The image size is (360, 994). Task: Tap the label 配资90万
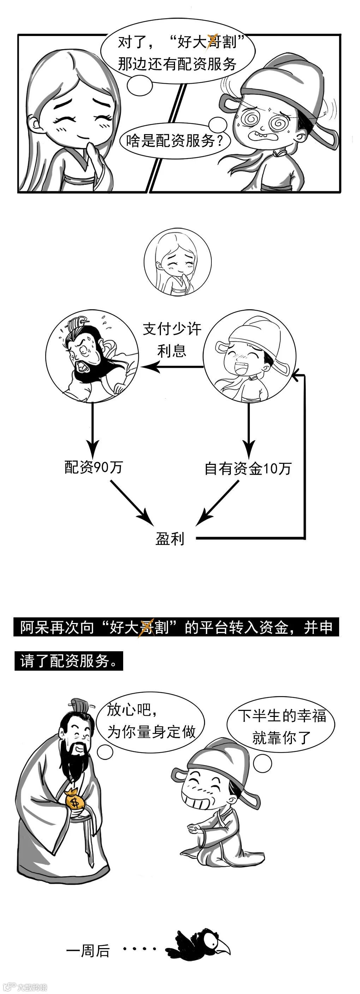click(94, 467)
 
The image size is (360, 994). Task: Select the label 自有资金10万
click(248, 468)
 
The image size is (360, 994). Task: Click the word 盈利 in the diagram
click(170, 539)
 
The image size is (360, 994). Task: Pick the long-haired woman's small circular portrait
click(178, 262)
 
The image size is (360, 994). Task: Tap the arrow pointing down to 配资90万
click(92, 428)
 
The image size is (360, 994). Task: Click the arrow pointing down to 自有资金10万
click(248, 428)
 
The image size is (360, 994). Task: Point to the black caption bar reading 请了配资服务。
click(69, 661)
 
